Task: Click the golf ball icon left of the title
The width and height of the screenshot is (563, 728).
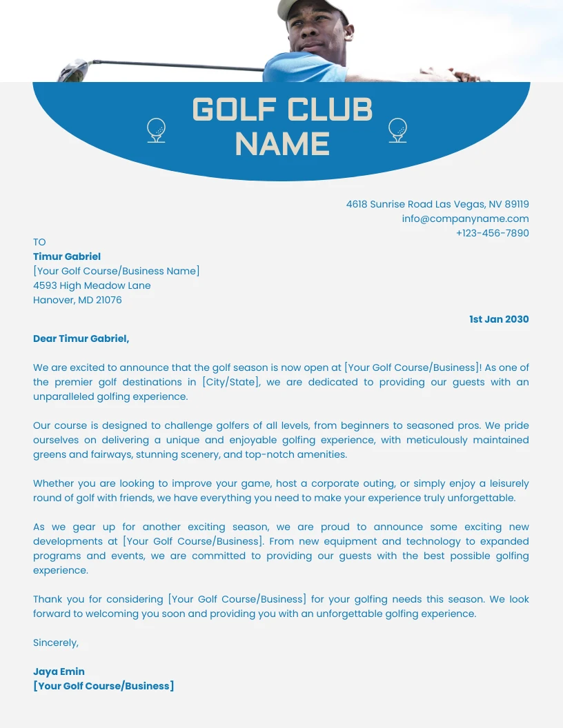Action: [x=157, y=130]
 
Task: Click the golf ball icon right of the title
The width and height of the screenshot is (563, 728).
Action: [x=397, y=129]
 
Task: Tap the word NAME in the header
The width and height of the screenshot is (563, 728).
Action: [x=282, y=145]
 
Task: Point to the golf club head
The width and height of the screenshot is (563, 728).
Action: [x=74, y=70]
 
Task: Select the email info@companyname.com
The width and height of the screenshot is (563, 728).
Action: [x=465, y=219]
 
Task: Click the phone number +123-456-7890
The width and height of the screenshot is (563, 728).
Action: [x=492, y=233]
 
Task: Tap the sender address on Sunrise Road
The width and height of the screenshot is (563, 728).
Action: [x=437, y=204]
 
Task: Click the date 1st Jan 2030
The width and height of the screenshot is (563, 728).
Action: [x=499, y=319]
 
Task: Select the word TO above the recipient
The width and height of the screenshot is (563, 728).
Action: [x=39, y=242]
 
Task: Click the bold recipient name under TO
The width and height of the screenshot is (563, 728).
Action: [x=67, y=256]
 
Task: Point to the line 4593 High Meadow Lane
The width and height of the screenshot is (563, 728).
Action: [x=92, y=285]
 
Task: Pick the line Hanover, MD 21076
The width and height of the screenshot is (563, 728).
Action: [x=77, y=300]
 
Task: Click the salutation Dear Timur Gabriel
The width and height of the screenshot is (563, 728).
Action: [x=81, y=338]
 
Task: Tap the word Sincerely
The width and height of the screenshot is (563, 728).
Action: [x=56, y=643]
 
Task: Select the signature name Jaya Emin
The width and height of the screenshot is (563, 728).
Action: [x=59, y=671]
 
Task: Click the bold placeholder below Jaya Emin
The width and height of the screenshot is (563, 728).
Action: [x=103, y=686]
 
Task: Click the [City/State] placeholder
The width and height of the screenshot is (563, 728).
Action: [x=231, y=382]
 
